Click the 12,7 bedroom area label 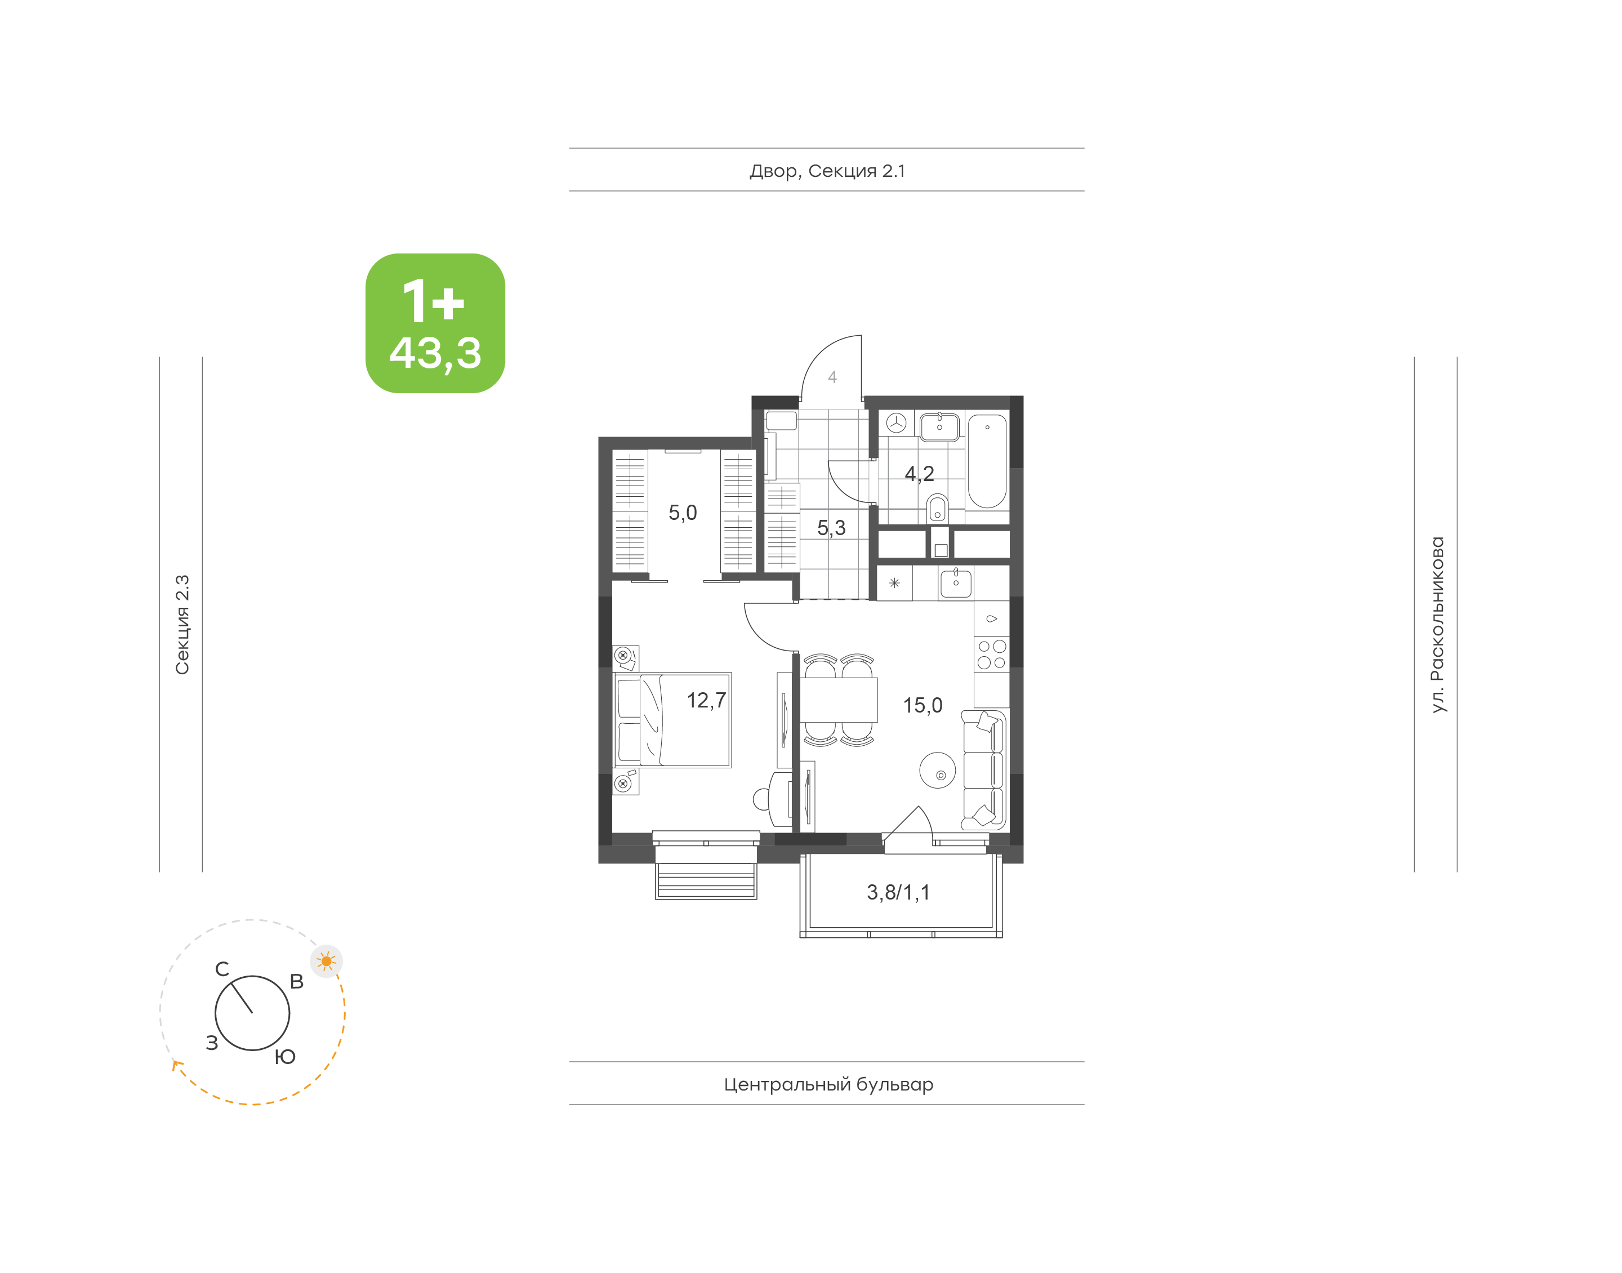click(706, 701)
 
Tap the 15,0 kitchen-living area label click(923, 705)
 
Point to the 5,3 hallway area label click(831, 528)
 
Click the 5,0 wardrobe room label click(683, 513)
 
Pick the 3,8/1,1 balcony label click(898, 893)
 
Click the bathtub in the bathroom click(987, 461)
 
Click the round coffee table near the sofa click(937, 769)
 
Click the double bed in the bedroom click(672, 720)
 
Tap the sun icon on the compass click(326, 962)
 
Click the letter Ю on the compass click(286, 1057)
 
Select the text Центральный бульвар click(828, 1084)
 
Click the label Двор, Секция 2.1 click(827, 171)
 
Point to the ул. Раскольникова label click(1437, 625)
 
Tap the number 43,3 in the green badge click(435, 353)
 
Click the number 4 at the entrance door click(832, 377)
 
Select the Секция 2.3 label click(182, 625)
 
